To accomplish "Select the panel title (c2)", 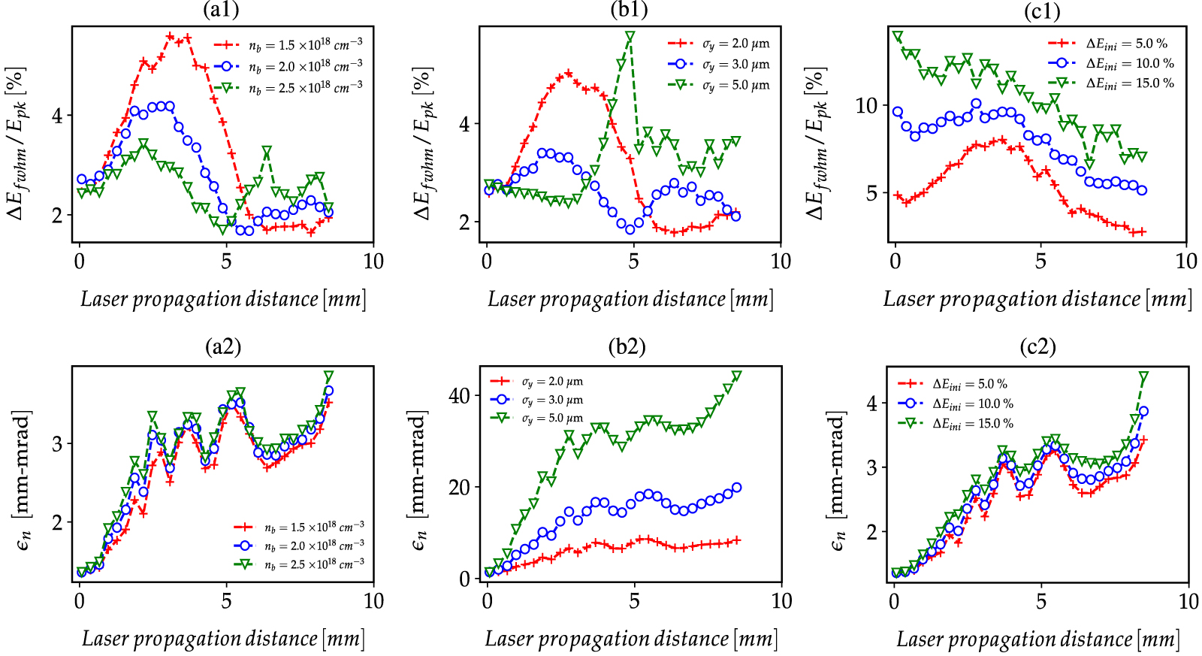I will [1037, 346].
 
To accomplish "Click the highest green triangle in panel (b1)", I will [630, 37].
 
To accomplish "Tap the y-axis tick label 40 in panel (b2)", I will [459, 395].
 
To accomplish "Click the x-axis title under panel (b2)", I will [630, 639].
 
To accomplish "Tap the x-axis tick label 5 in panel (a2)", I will [226, 600].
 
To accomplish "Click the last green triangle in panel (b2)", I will [736, 376].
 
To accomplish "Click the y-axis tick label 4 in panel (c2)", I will [871, 404].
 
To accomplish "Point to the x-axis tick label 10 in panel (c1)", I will [1185, 261].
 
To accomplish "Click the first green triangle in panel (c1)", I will [897, 37].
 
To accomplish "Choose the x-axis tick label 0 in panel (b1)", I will [487, 261].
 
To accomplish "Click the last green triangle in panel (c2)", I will [1143, 376].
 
